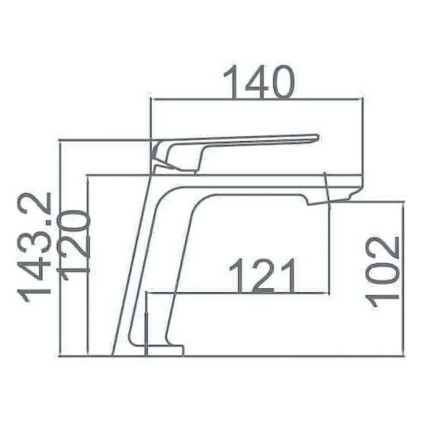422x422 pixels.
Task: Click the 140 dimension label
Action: tap(259, 82)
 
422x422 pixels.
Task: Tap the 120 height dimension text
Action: tap(73, 245)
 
